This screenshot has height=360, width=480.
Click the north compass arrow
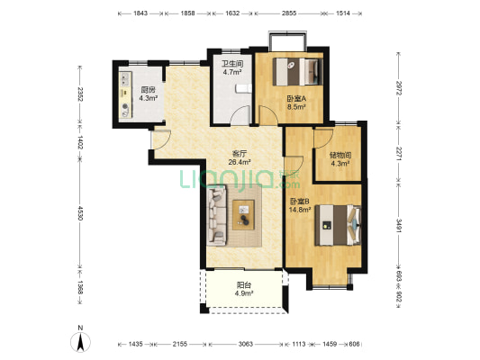tap(80, 343)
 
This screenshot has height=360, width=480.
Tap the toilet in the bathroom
tap(244, 88)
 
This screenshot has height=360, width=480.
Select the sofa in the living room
tap(217, 216)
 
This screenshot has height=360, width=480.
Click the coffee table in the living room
tap(243, 215)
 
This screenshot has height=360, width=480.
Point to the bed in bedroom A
tap(298, 72)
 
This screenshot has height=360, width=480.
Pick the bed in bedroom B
tap(338, 225)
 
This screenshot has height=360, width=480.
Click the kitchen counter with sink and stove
tap(125, 94)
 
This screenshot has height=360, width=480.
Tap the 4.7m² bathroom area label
tap(231, 73)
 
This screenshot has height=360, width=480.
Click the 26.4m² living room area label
tap(240, 162)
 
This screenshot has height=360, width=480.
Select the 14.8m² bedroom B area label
tap(300, 210)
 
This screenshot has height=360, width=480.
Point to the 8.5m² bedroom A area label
tap(296, 107)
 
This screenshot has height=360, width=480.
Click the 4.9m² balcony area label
tap(244, 293)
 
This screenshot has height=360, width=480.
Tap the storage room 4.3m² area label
tap(340, 163)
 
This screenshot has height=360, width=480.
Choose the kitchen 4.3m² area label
tap(149, 98)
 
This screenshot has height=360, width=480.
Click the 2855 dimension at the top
tap(289, 13)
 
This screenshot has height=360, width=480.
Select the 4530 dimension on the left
tap(80, 213)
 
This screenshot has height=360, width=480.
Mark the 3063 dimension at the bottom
tap(246, 344)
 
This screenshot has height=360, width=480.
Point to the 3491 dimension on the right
tap(399, 225)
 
